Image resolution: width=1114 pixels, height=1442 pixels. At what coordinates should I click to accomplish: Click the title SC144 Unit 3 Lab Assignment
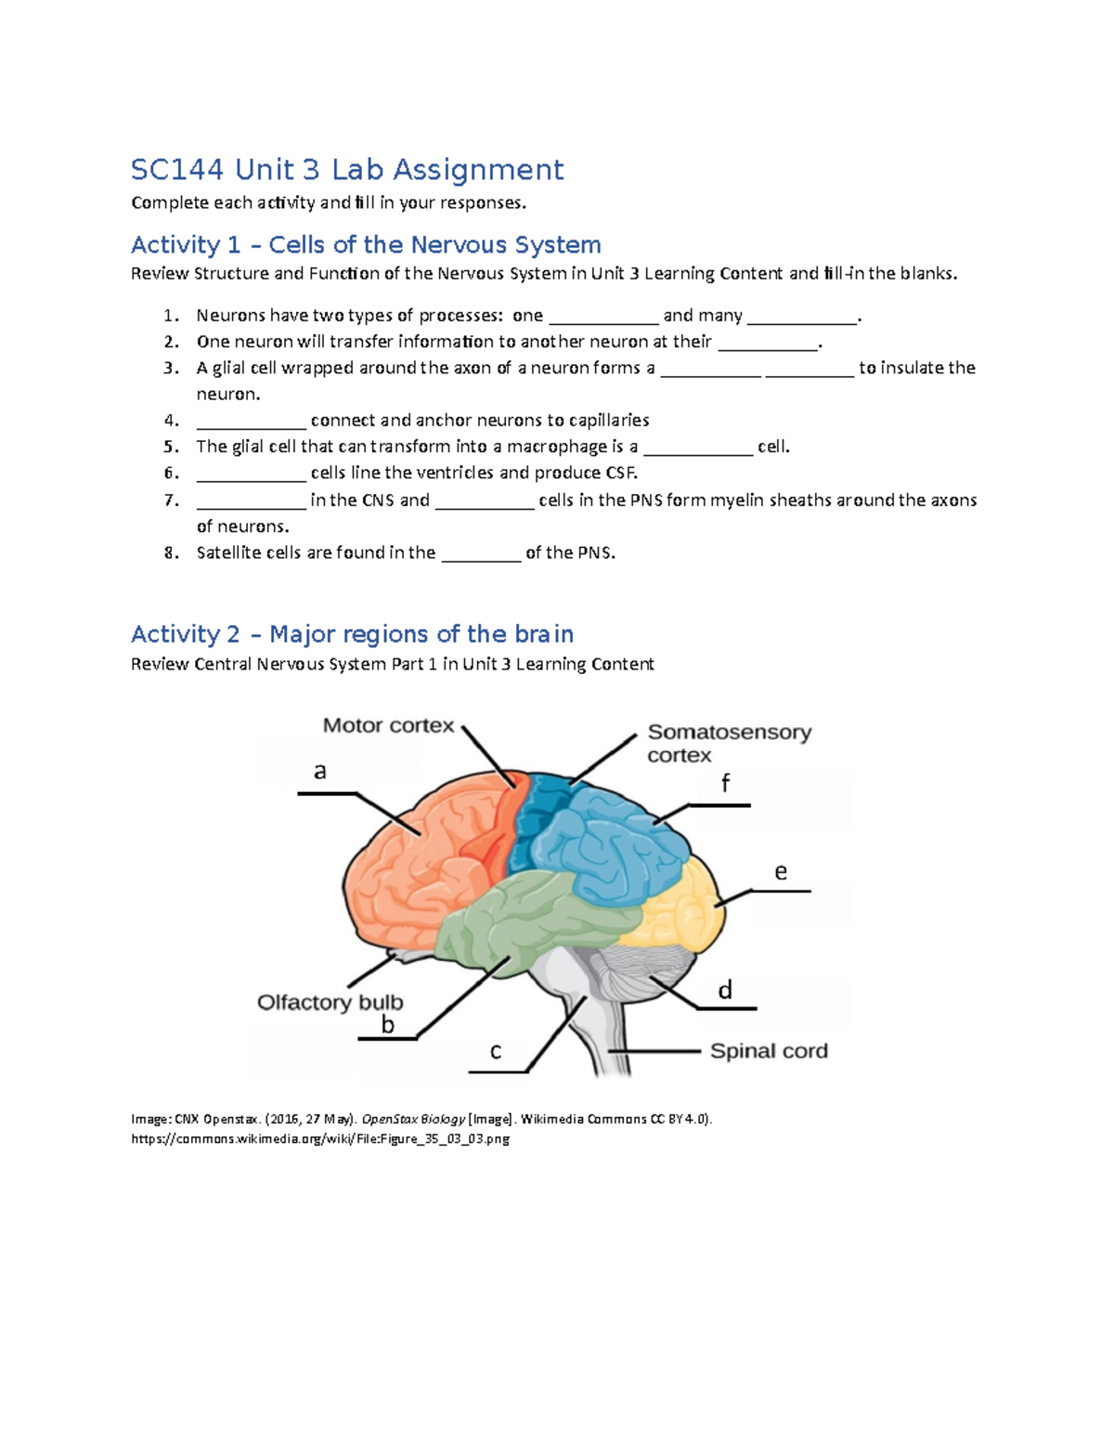coord(346,170)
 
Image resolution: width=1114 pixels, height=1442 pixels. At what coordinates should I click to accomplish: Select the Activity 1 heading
coord(366,245)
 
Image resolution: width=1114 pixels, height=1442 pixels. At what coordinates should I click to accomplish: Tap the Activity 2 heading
coord(352,634)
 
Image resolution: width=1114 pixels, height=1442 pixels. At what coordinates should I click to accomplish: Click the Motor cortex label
coord(388,726)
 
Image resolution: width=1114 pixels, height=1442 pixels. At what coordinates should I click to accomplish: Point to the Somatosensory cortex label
coord(729,744)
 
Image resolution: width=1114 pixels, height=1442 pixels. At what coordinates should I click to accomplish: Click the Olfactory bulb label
coord(330,1003)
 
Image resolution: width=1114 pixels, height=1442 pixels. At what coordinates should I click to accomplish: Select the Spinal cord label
coord(769,1051)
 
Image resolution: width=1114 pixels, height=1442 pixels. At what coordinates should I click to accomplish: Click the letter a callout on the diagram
coord(320,772)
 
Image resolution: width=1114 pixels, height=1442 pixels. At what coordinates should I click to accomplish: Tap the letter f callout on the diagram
coord(726,784)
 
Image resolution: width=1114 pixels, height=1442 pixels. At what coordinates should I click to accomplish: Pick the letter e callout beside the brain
coord(781,872)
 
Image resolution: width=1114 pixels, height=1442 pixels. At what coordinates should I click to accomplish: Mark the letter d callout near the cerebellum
coord(725,991)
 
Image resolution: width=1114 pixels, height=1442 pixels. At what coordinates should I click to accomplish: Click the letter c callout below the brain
coord(496,1051)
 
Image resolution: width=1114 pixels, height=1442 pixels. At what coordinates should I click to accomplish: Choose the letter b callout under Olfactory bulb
coord(388,1025)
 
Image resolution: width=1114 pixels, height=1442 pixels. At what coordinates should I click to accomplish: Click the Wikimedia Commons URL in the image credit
coord(320,1139)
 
